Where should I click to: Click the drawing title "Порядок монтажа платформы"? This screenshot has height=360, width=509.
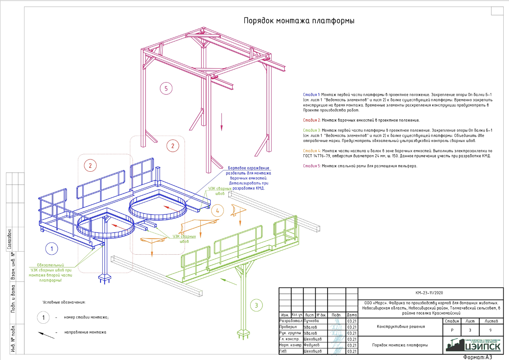pos(299,21)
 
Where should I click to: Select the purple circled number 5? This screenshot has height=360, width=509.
pos(165,89)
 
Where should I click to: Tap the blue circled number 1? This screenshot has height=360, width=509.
pos(52,249)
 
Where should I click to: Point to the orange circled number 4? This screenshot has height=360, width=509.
pos(217,211)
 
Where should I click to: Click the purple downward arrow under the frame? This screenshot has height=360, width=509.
pos(222,122)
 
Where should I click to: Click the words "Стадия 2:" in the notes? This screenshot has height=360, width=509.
pos(312,120)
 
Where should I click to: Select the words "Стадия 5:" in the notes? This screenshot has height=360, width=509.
pos(312,166)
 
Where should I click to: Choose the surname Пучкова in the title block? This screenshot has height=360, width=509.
pos(312,320)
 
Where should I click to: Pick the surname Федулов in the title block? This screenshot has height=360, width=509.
pos(312,345)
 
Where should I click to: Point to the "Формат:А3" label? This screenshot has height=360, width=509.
pos(478,357)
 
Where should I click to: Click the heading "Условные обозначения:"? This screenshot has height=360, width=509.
pos(64,302)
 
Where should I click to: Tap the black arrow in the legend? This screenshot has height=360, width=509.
pos(46,333)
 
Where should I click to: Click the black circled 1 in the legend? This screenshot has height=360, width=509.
pos(44,318)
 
